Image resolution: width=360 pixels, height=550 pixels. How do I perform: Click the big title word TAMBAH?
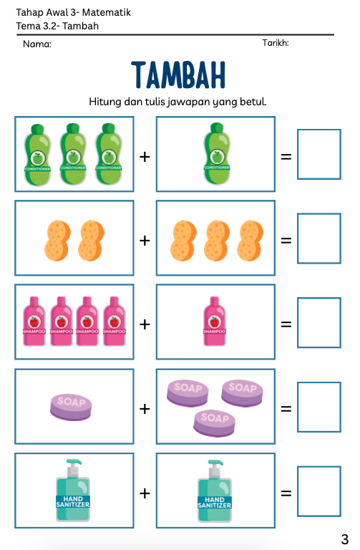178,74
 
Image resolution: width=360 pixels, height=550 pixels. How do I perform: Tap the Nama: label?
37,44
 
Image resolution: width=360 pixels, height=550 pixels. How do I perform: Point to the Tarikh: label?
276,43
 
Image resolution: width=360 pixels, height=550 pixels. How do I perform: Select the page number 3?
344,539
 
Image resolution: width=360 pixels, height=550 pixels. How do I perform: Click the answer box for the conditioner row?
319,155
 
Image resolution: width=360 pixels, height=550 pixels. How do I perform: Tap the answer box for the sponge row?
319,238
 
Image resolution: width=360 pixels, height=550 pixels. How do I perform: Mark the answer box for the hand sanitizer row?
319,491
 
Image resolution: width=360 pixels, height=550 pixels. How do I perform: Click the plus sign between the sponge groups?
145,241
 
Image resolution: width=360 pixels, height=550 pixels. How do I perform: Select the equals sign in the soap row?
286,409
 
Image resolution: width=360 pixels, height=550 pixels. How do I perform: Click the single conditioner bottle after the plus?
217,154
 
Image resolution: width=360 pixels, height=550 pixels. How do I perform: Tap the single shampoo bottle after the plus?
215,322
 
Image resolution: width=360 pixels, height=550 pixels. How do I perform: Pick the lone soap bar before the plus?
71,407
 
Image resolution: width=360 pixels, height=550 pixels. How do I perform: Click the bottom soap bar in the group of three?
215,423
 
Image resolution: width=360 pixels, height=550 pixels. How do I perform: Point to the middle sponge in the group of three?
217,241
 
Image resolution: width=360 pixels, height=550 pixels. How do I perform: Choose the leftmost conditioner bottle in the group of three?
37,155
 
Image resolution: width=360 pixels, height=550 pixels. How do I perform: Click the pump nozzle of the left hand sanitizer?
74,463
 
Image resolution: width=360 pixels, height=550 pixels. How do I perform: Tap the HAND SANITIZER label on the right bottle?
215,502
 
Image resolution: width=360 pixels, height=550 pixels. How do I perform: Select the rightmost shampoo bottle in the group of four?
115,322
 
